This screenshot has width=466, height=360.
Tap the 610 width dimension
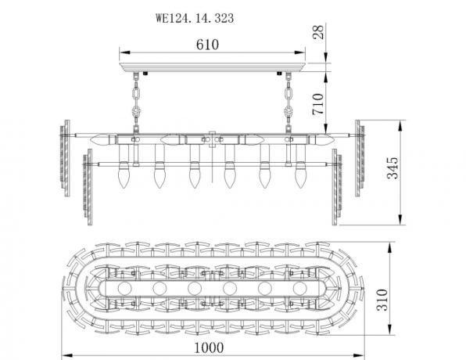207,45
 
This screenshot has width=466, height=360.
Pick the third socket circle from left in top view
193,288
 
